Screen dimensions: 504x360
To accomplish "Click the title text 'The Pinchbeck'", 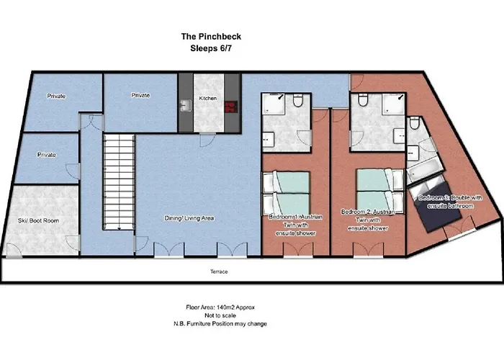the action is coord(211,36).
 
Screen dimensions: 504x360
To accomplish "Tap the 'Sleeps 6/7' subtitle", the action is coord(211,48).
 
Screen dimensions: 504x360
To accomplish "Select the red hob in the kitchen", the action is coord(231,107).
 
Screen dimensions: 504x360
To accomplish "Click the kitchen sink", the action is coord(186,105).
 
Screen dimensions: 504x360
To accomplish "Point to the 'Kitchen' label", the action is coord(208,98).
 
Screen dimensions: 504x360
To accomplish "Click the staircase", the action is coord(119,182).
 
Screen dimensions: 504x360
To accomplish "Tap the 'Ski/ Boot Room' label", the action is coord(39,220).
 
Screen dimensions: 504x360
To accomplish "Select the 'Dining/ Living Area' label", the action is coord(189,218).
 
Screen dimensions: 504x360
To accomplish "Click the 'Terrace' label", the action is coord(219,271).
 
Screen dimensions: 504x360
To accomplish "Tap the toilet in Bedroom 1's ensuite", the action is coord(298,100).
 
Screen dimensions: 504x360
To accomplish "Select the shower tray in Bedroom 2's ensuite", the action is coord(393,104).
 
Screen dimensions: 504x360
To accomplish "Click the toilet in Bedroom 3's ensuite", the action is coord(415,123).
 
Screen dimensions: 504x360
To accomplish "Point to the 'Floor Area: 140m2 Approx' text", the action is coord(220,307).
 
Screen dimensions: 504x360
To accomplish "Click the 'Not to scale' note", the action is coord(220,315).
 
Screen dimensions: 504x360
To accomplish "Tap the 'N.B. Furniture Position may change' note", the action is coord(220,324).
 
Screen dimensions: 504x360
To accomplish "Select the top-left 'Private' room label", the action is coord(56,96).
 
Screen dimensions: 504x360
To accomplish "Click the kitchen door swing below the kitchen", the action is coord(207,140).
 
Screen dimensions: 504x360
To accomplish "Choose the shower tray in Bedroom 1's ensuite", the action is coord(273,104).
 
